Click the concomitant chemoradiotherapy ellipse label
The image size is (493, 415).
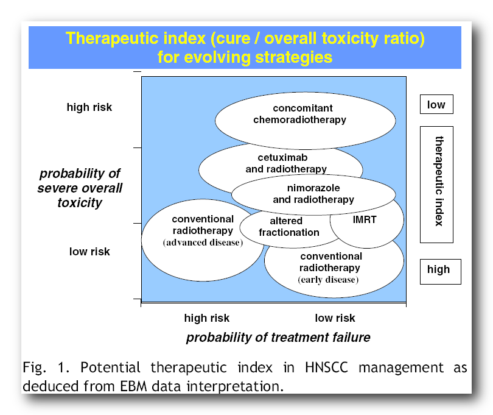(x=299, y=114)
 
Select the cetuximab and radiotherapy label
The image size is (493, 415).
(x=286, y=163)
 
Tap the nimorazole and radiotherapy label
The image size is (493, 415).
(x=313, y=194)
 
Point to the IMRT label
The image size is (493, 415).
(x=365, y=219)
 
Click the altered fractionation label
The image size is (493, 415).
(x=289, y=227)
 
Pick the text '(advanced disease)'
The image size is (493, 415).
(x=203, y=243)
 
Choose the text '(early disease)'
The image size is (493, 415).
(x=328, y=280)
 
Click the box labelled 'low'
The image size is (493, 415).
(x=436, y=104)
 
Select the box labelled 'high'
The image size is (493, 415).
(x=440, y=272)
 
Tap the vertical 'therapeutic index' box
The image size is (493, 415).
(x=436, y=185)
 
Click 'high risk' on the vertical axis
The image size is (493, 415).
(x=89, y=107)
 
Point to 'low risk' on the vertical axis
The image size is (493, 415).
(x=89, y=252)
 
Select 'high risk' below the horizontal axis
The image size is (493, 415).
(x=207, y=318)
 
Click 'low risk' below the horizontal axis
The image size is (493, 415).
(x=335, y=318)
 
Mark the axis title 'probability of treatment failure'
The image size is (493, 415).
(x=278, y=337)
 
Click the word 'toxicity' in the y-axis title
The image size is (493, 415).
(x=80, y=203)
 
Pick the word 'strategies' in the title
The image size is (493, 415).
(x=293, y=57)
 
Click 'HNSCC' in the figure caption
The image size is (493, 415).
(x=327, y=367)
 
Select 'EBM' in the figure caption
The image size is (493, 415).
(x=134, y=386)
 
